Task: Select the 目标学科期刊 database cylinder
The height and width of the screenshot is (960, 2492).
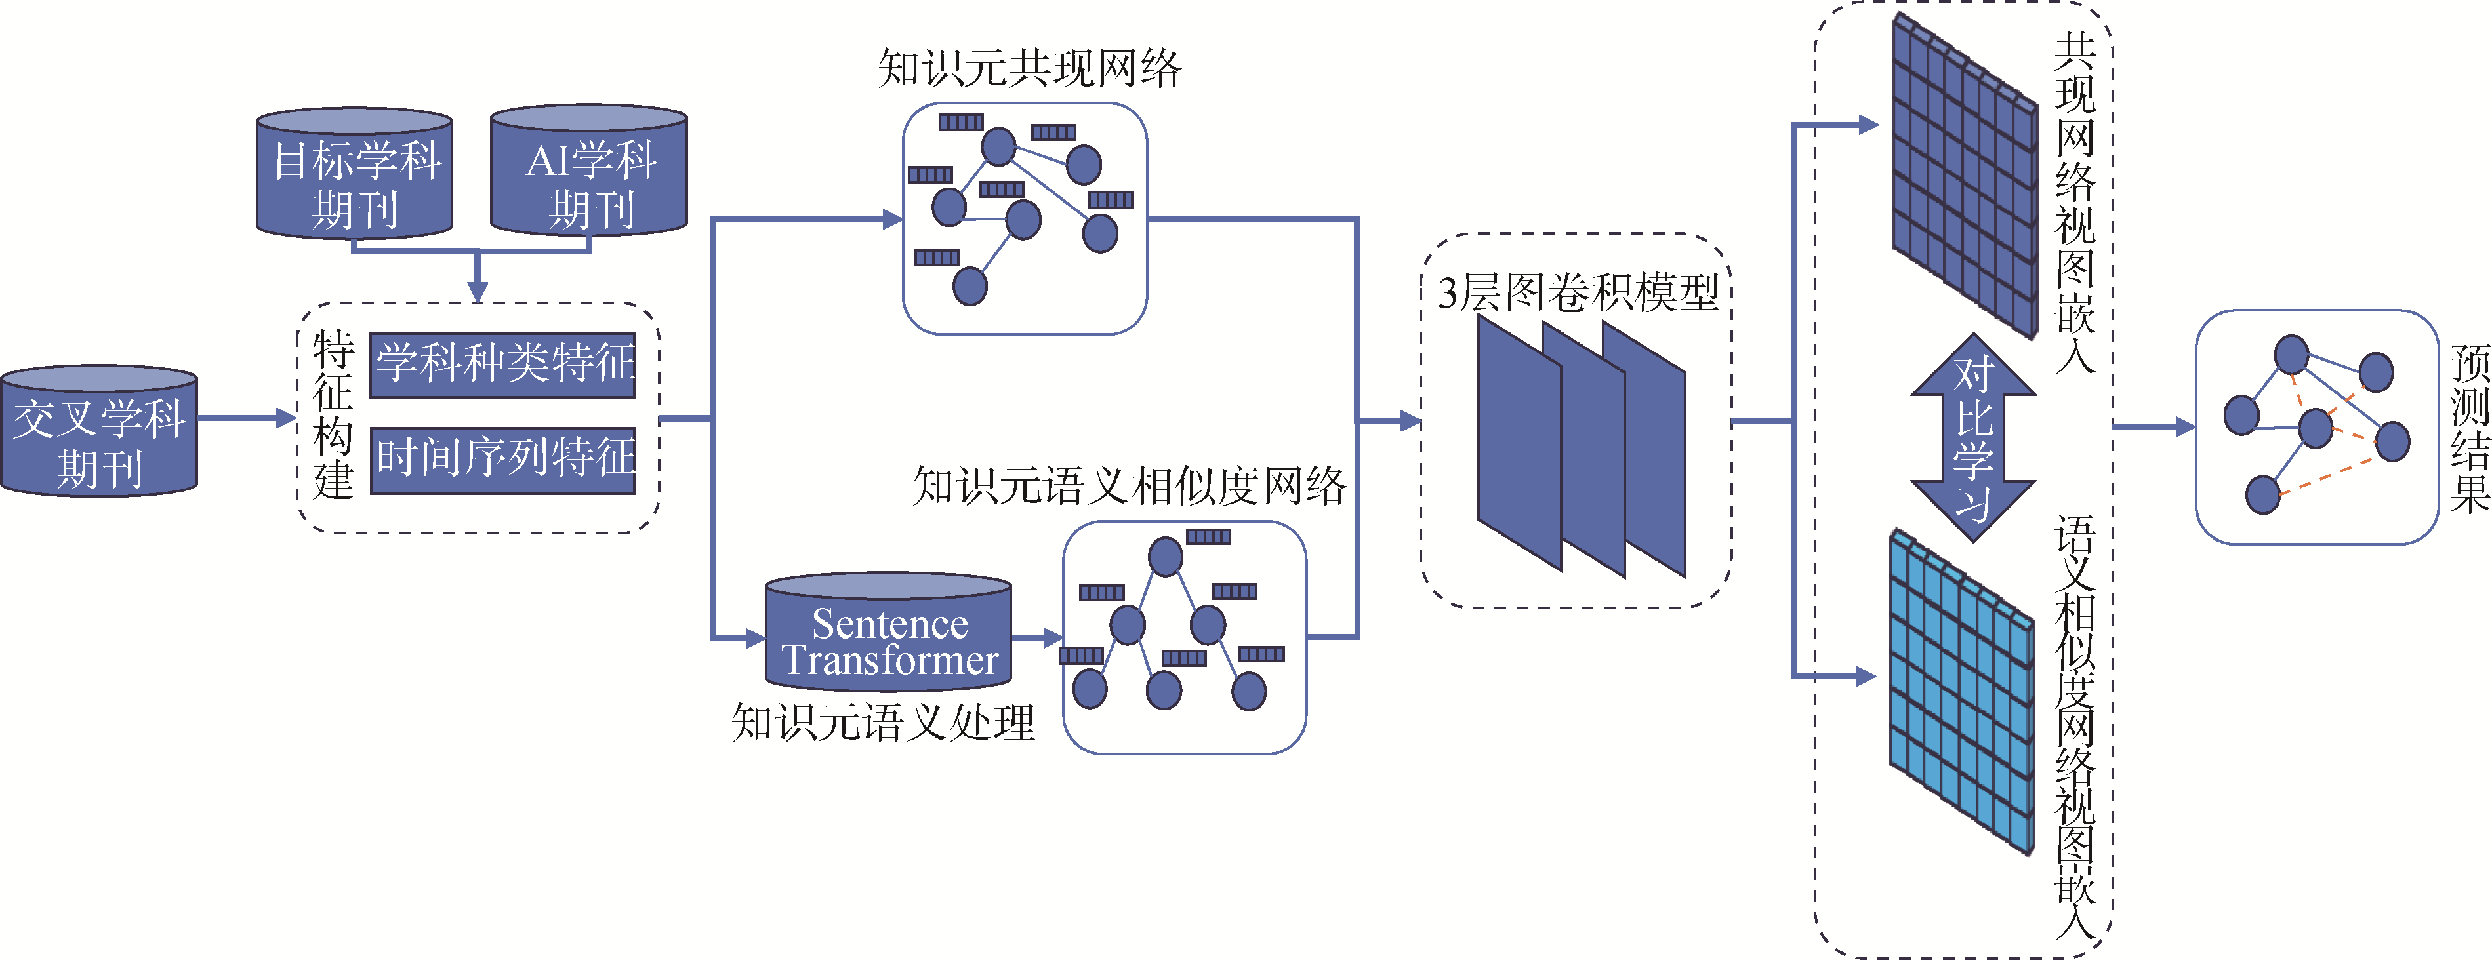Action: pyautogui.click(x=354, y=173)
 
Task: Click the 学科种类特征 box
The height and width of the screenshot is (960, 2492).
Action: pyautogui.click(x=503, y=365)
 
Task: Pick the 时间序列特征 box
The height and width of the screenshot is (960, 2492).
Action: pyautogui.click(x=503, y=460)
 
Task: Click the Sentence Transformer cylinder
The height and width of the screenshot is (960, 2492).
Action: pyautogui.click(x=888, y=632)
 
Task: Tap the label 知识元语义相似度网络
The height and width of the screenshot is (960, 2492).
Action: pyautogui.click(x=1129, y=485)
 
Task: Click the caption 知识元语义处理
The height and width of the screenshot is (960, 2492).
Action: pyautogui.click(x=883, y=721)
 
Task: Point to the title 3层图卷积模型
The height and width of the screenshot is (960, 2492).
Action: pyautogui.click(x=1578, y=292)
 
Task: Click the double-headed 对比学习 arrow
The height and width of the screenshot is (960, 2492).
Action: pyautogui.click(x=1974, y=437)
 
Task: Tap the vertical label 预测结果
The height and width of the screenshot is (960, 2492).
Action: pyautogui.click(x=2470, y=428)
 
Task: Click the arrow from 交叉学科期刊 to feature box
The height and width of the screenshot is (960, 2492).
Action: pyautogui.click(x=247, y=418)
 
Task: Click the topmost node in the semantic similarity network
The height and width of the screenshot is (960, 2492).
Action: pyautogui.click(x=1165, y=557)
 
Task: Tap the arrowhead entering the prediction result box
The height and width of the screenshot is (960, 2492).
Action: pyautogui.click(x=2184, y=426)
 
